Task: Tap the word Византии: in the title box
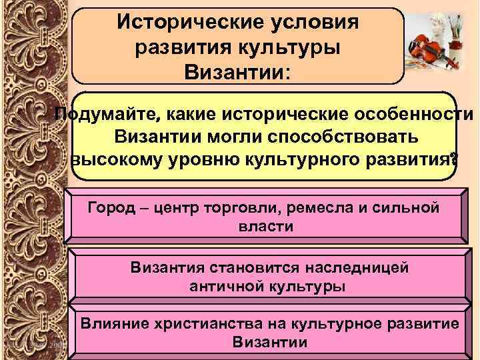(238, 70)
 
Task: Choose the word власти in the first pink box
(265, 226)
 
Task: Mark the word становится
(249, 268)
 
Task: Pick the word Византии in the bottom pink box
(271, 343)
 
